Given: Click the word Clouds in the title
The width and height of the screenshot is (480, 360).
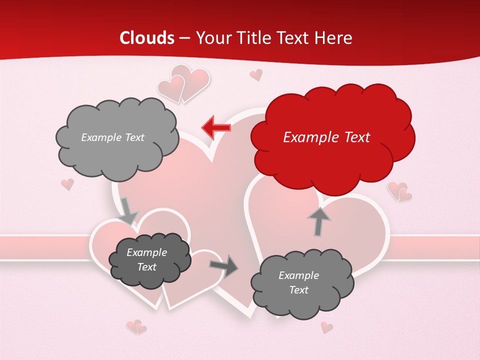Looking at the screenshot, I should pos(147,38).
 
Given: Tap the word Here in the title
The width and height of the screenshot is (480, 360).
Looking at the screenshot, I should pos(334,38).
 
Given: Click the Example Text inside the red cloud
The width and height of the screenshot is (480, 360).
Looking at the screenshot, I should pos(326,137).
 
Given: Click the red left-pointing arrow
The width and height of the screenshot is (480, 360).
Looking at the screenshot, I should pos(216,127).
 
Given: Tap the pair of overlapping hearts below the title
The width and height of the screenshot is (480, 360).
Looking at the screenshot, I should pos(183,82).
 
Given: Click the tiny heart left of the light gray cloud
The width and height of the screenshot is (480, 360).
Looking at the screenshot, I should pos(67,184).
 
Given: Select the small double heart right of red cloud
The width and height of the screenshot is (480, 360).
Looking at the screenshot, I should pos(399,191).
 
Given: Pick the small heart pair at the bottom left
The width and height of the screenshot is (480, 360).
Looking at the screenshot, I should pos(136,327).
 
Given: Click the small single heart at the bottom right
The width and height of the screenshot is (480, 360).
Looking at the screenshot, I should pos(326,327).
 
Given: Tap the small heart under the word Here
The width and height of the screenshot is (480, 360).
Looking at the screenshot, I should pos(256,75).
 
